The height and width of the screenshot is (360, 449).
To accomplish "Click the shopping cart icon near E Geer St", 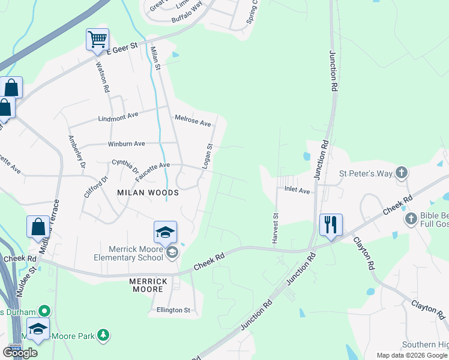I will [97, 40].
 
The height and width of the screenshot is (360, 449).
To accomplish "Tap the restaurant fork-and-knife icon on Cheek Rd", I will [331, 224].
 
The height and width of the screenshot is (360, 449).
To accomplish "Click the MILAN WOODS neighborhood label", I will [148, 193].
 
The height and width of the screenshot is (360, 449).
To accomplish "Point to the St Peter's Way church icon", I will [402, 173].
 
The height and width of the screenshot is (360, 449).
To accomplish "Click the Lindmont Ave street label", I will [118, 116].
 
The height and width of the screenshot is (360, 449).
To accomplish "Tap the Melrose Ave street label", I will [192, 121].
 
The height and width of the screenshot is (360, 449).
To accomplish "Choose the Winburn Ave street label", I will [126, 144].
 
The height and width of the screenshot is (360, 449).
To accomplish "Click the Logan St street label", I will [207, 155].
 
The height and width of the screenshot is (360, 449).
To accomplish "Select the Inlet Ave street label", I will [297, 191].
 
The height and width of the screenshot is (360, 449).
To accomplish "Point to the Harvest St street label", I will [276, 227].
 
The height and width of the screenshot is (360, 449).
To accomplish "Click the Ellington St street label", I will [173, 310].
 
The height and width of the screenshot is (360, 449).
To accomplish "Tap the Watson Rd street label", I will [102, 78].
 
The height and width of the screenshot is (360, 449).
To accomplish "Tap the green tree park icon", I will [104, 335].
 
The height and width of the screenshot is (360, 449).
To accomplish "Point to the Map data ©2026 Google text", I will [411, 355].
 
